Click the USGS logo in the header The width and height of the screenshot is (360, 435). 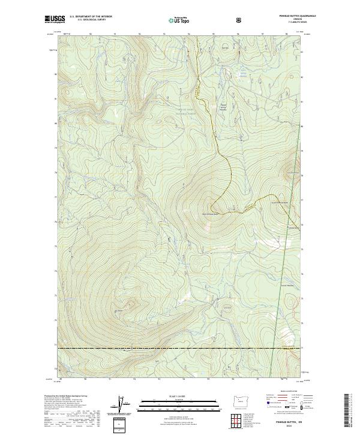[x=55, y=19]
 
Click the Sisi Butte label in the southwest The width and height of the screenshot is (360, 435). [x=118, y=311]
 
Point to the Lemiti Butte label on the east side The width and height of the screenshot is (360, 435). [x=292, y=228]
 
